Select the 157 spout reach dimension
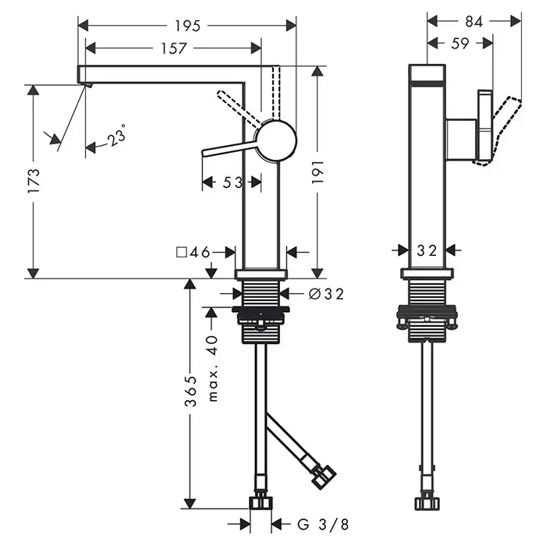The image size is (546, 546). (x=173, y=48)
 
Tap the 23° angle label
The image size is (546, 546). (x=118, y=138)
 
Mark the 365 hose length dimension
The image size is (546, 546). (x=190, y=392)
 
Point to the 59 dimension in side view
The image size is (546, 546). (x=460, y=44)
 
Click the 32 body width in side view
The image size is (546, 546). (x=427, y=250)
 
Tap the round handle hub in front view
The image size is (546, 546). (x=277, y=141)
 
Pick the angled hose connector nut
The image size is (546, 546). (x=323, y=476)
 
